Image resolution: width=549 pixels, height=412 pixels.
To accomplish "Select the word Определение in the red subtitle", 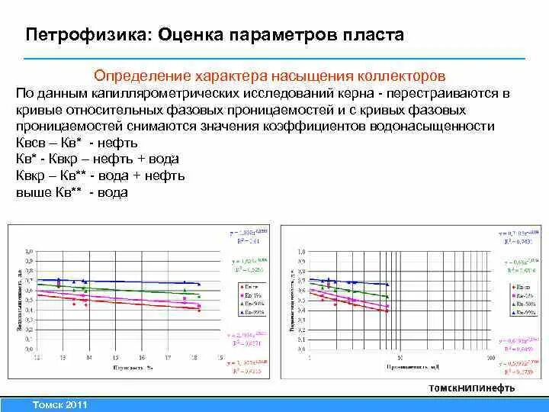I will [x=142, y=76].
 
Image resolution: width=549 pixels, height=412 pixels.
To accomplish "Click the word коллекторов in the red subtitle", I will [x=403, y=76].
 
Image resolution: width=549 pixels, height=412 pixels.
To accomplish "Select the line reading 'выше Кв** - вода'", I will [x=72, y=192].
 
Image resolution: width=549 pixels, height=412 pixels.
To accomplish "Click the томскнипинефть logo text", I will [x=472, y=387].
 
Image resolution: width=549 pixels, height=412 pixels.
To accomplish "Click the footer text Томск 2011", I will [x=56, y=404].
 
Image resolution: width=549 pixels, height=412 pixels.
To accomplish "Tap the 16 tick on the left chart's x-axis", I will [x=140, y=356].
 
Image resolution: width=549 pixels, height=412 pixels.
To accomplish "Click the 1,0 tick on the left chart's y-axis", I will [x=30, y=251].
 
